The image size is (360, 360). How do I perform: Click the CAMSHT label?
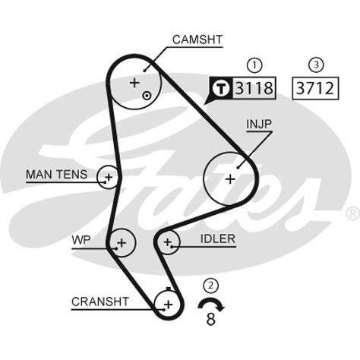click(197, 39)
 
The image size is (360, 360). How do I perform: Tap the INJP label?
click(259, 124)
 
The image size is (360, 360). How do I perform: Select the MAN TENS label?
click(57, 175)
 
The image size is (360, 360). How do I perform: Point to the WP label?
click(81, 240)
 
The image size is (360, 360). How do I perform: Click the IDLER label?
click(218, 238)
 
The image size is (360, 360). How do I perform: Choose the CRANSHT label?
click(100, 302)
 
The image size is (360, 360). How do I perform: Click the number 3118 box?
click(254, 88)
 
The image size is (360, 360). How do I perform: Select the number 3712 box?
click(315, 88)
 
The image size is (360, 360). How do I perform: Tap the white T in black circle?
click(221, 88)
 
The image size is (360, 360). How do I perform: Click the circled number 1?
click(254, 65)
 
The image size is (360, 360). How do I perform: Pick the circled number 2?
click(210, 286)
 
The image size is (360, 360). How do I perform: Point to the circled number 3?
click(316, 65)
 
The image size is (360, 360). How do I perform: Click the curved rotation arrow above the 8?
click(210, 302)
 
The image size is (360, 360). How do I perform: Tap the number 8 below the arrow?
click(210, 319)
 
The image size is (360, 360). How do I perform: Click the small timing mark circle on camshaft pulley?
click(147, 96)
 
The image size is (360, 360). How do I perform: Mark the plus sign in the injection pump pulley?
click(230, 179)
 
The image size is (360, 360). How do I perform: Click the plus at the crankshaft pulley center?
click(169, 305)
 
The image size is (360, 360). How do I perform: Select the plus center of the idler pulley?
click(168, 242)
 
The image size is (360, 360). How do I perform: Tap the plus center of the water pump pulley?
click(122, 243)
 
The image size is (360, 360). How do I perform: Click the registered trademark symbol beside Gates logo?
click(353, 213)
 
